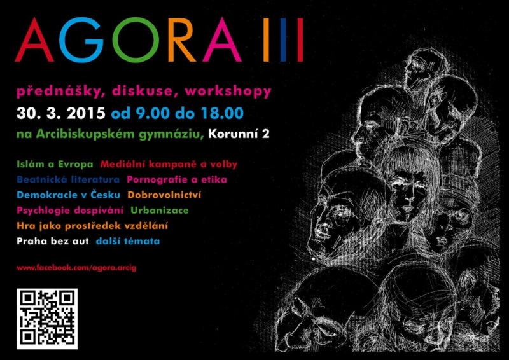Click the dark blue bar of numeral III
pyautogui.click(x=283, y=40)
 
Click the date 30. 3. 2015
pyautogui.click(x=61, y=113)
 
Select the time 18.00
pyautogui.click(x=221, y=113)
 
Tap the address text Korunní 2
pyautogui.click(x=239, y=134)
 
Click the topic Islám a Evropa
pyautogui.click(x=55, y=164)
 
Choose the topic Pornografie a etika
pyautogui.click(x=177, y=179)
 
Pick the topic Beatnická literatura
pyautogui.click(x=68, y=179)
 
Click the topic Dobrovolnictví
pyautogui.click(x=164, y=195)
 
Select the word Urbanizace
pyautogui.click(x=160, y=211)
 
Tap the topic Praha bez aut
pyautogui.click(x=53, y=242)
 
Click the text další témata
pyautogui.click(x=128, y=242)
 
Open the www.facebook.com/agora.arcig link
pyautogui.click(x=76, y=268)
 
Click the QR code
pyautogui.click(x=47, y=319)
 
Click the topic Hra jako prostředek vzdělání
pyautogui.click(x=92, y=226)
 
